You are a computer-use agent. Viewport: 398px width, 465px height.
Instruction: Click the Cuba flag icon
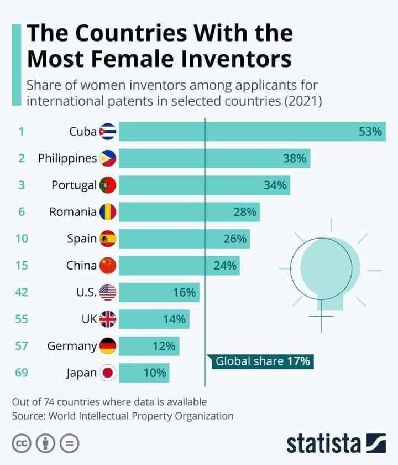107,132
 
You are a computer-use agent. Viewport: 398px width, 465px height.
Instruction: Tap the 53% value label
370,132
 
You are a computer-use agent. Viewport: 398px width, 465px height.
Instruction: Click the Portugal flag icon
107,185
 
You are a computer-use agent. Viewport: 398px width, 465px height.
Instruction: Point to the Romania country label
73,212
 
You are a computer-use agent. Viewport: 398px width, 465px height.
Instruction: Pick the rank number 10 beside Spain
22,239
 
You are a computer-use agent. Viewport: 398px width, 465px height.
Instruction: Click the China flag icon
107,266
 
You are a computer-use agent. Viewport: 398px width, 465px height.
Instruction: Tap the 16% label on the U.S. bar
184,292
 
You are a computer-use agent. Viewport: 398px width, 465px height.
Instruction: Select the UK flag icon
107,319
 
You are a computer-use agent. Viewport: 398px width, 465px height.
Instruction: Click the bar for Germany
149,346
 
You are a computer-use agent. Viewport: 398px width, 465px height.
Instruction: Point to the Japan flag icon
107,373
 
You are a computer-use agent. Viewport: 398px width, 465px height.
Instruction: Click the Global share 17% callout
262,362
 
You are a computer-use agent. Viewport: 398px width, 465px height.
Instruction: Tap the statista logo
337,444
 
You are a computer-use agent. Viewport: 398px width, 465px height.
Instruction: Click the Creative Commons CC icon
22,443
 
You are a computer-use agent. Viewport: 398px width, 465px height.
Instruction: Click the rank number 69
22,373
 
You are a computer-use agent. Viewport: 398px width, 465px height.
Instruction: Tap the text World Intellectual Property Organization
141,415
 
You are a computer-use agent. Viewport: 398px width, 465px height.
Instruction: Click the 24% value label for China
224,266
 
